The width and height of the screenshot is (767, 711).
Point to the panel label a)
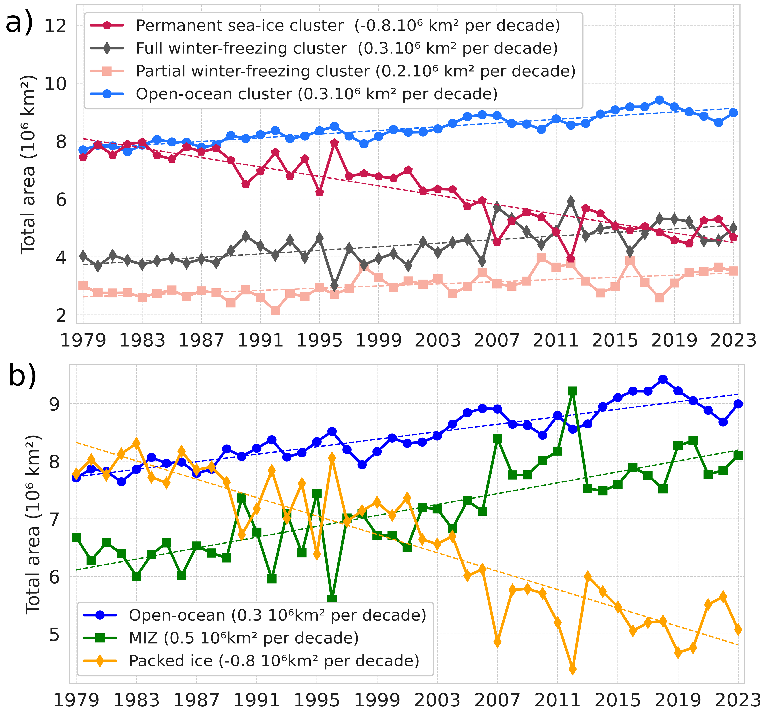coord(19,23)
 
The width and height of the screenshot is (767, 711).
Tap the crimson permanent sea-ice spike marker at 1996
coord(334,143)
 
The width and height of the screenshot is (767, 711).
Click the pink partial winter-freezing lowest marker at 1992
coord(275,310)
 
